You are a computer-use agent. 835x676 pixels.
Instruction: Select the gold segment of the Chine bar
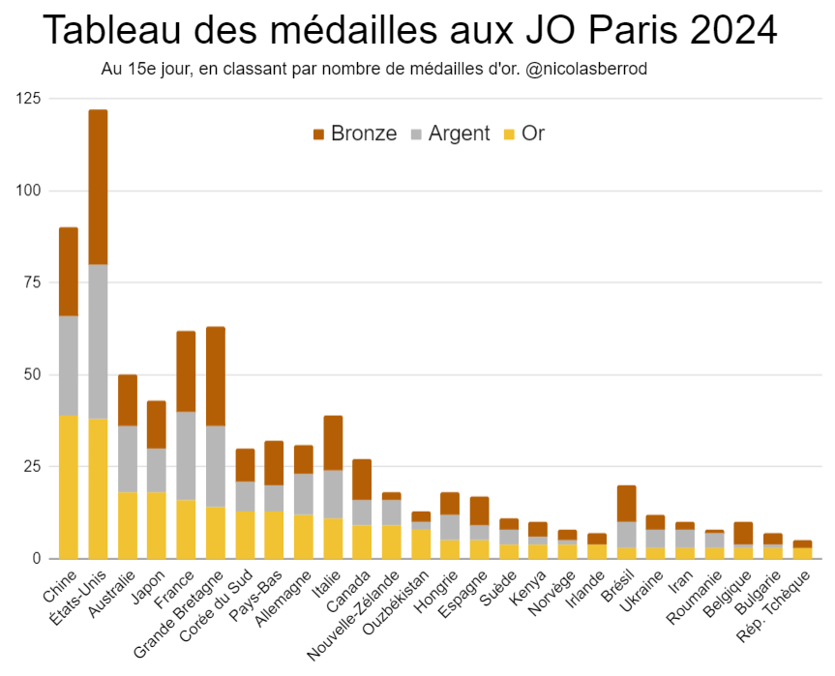pyautogui.click(x=69, y=486)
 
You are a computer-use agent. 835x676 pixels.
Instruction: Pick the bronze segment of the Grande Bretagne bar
pyautogui.click(x=216, y=376)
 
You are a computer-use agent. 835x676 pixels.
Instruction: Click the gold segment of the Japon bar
pyautogui.click(x=157, y=525)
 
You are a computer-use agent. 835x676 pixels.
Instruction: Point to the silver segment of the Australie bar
pyautogui.click(x=128, y=458)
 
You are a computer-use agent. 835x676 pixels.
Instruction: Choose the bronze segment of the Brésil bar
pyautogui.click(x=627, y=503)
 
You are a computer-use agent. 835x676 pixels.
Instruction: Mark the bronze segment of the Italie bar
pyautogui.click(x=333, y=443)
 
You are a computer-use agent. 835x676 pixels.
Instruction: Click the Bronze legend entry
pyautogui.click(x=354, y=133)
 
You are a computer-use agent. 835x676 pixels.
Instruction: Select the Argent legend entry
pyautogui.click(x=450, y=133)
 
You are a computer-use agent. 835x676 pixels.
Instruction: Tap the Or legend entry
pyautogui.click(x=524, y=133)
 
